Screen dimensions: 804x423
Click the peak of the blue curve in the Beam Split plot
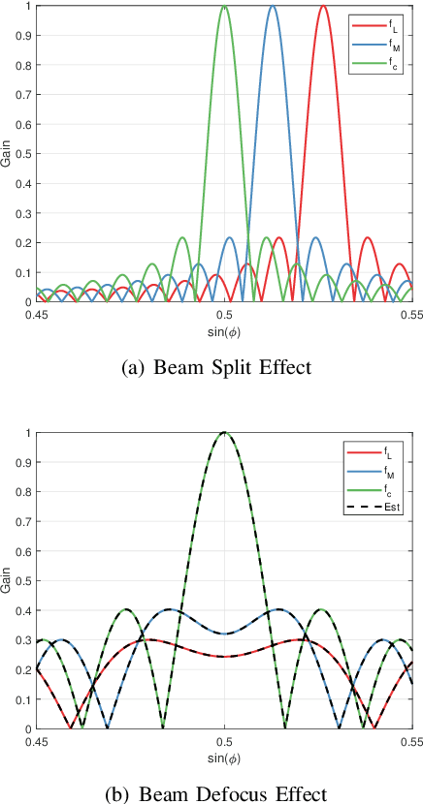[x=273, y=7]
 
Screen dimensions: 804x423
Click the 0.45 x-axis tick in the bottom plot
[x=37, y=741]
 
